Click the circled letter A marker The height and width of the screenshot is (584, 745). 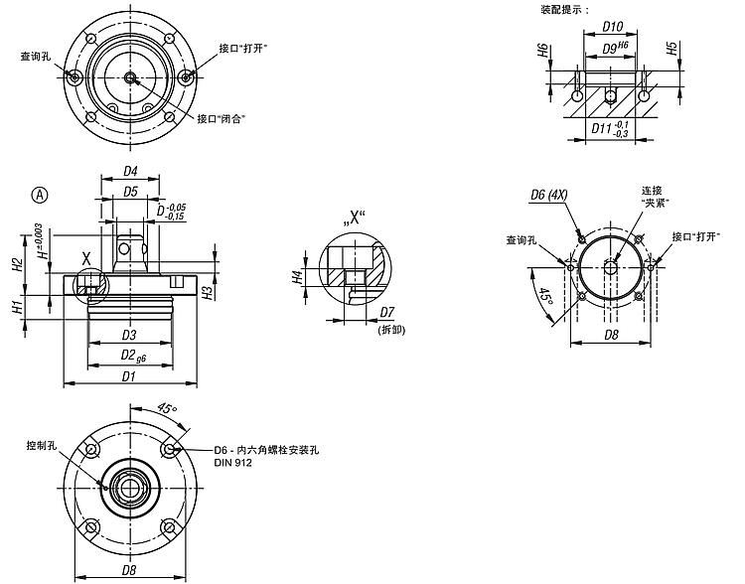pyautogui.click(x=40, y=195)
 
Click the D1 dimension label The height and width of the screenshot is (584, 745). pyautogui.click(x=129, y=375)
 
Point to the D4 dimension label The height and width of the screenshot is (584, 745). pyautogui.click(x=130, y=170)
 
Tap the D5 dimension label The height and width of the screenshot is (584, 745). pyautogui.click(x=130, y=191)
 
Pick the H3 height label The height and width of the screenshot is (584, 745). pyautogui.click(x=206, y=292)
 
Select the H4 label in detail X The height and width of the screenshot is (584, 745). pyautogui.click(x=297, y=278)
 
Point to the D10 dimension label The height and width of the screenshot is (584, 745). pyautogui.click(x=613, y=28)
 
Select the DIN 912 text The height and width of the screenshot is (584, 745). pyautogui.click(x=229, y=463)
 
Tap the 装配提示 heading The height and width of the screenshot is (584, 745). pyautogui.click(x=562, y=9)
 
